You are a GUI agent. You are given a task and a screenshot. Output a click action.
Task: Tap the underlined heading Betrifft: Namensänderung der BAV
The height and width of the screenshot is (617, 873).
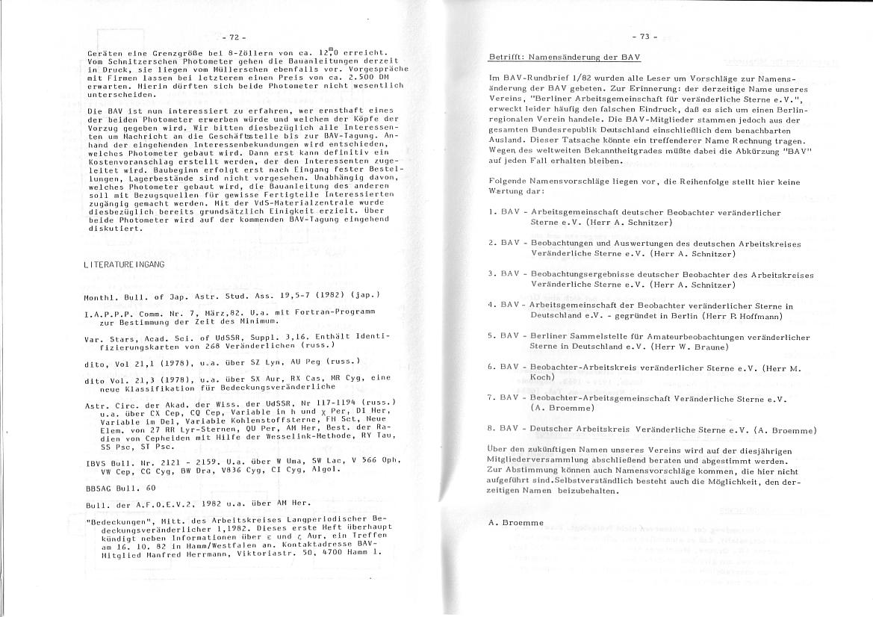coord(565,58)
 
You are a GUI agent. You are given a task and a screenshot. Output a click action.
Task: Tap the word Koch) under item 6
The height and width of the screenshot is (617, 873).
coord(542,378)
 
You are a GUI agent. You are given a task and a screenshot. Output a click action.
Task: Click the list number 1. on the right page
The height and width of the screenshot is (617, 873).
coord(491,212)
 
